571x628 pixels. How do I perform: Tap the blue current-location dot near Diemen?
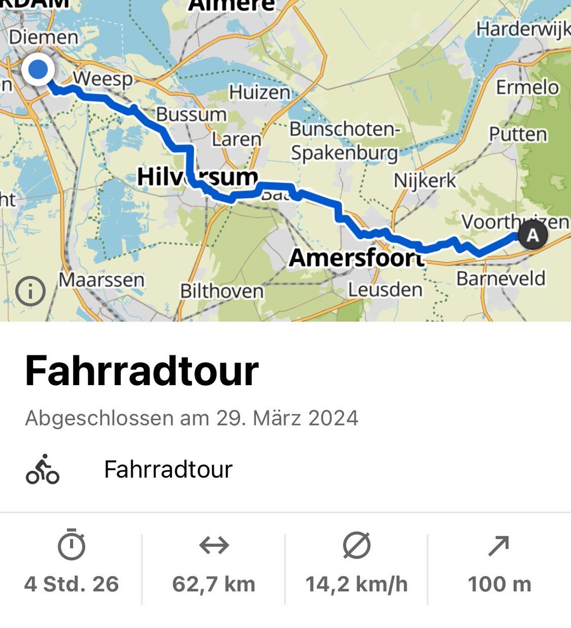click(38, 70)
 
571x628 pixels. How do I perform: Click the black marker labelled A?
click(532, 234)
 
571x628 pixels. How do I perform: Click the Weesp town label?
click(102, 79)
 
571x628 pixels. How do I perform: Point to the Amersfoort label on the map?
click(356, 257)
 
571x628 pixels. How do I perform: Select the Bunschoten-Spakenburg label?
click(345, 141)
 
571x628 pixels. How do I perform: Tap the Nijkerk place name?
click(425, 181)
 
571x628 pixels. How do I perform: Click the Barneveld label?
click(500, 278)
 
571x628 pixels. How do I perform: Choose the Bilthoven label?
click(222, 291)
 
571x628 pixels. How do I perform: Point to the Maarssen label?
click(101, 280)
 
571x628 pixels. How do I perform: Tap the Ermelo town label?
click(527, 87)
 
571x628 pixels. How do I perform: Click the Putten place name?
click(518, 134)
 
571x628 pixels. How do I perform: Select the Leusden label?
click(385, 289)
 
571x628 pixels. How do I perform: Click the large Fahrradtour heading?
click(142, 371)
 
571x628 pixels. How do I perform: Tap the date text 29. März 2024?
click(287, 418)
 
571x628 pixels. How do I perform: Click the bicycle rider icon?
click(42, 469)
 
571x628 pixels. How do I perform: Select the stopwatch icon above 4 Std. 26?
click(72, 545)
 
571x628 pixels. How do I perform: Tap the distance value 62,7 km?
click(214, 584)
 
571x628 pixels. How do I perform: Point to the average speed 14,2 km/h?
click(357, 584)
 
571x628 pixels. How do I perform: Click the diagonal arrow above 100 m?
click(499, 546)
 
